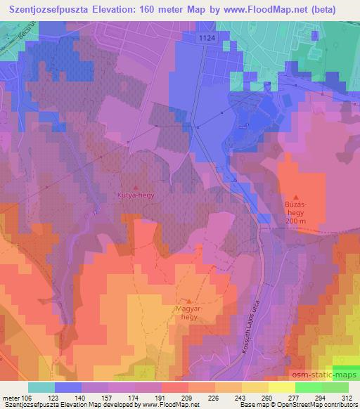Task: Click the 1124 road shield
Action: [205, 39]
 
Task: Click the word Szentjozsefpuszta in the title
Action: [57, 9]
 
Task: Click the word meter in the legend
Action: [11, 398]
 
